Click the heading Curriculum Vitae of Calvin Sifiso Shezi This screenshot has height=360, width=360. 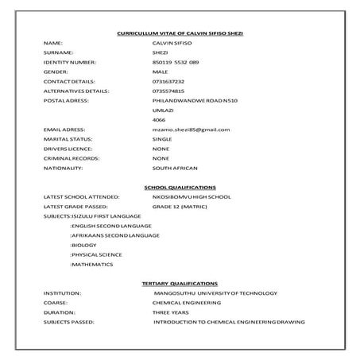[179, 33]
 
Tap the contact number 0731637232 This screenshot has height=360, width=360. [168, 80]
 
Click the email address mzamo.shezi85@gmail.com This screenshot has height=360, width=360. [191, 129]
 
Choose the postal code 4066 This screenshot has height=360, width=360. [158, 119]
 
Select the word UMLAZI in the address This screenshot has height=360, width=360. [162, 110]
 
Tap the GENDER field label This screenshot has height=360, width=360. [56, 71]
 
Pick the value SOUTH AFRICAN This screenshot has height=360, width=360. [175, 168]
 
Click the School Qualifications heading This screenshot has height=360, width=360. [179, 187]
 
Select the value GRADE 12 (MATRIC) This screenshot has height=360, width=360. [180, 206]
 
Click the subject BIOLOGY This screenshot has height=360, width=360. [84, 245]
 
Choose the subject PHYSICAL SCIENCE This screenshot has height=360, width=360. [96, 254]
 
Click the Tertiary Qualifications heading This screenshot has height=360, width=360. [179, 284]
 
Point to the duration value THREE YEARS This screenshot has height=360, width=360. [170, 312]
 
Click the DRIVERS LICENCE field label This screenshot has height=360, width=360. [68, 148]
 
